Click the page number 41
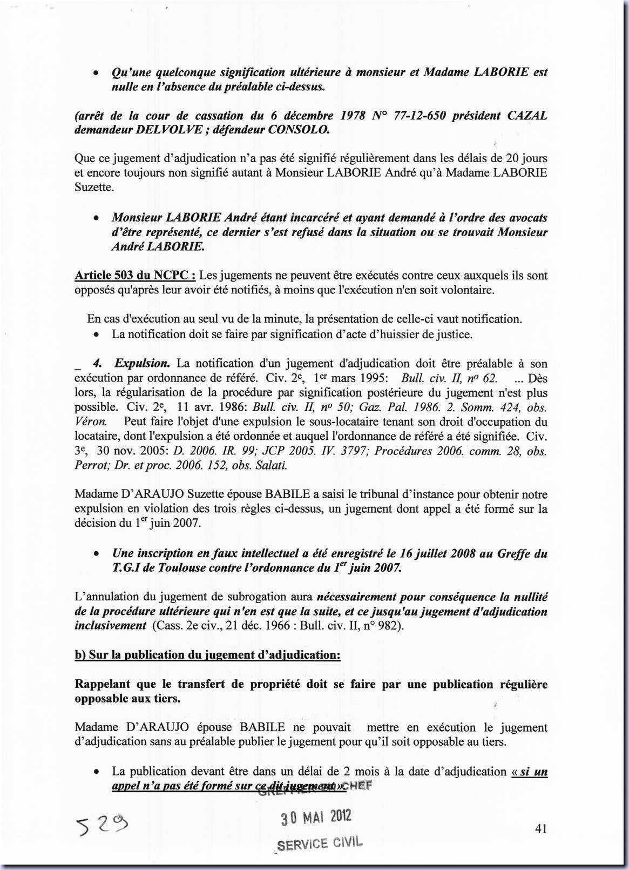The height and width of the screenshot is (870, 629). [540, 828]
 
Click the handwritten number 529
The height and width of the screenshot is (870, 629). [103, 825]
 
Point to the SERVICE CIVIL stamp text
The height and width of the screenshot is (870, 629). [320, 843]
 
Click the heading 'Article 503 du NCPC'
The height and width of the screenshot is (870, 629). [134, 275]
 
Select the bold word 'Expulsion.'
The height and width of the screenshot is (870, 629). [142, 363]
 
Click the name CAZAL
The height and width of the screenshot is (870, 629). [527, 116]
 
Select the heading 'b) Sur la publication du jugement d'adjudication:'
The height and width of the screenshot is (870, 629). [207, 655]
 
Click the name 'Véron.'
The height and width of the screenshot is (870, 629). [90, 421]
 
